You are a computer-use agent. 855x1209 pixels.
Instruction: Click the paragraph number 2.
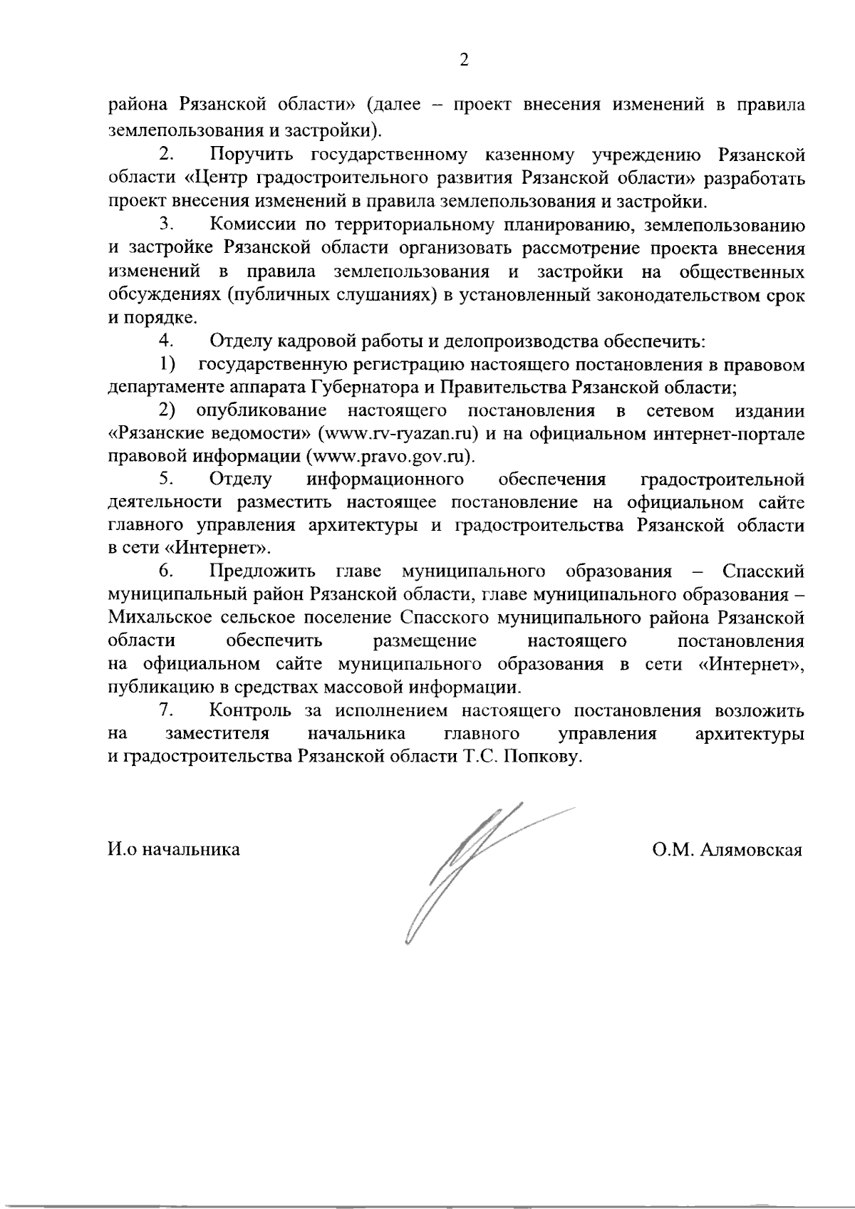167,154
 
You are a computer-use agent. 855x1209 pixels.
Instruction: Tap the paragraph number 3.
167,224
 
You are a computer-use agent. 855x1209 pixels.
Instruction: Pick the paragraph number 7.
167,710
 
